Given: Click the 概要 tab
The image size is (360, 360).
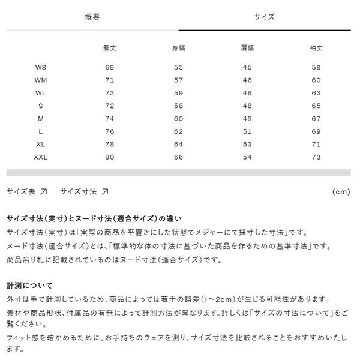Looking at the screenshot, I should (x=92, y=16).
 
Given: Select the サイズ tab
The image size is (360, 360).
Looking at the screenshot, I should (x=265, y=16).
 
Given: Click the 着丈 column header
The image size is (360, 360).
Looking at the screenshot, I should (x=109, y=47).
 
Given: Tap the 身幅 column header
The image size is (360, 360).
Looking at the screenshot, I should (x=178, y=47).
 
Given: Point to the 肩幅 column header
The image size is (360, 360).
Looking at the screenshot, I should (x=247, y=47).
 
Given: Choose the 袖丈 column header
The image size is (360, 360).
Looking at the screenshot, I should (x=316, y=47).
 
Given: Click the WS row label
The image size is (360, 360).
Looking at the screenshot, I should (x=41, y=68).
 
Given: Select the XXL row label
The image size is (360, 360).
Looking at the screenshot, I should (x=41, y=157).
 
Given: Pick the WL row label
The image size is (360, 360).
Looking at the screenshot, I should (x=41, y=93).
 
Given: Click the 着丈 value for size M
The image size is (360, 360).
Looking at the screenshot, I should (x=109, y=119).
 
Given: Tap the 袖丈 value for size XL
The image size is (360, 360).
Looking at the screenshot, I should (x=316, y=145).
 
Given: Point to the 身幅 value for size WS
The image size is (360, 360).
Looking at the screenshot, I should (x=178, y=68).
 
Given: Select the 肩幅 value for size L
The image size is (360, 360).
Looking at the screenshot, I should (x=247, y=131).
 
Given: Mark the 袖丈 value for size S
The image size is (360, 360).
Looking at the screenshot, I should (x=316, y=106).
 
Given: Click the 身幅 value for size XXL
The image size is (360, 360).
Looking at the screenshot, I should (x=178, y=157).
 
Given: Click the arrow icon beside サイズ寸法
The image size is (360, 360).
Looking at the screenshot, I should (x=105, y=192).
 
